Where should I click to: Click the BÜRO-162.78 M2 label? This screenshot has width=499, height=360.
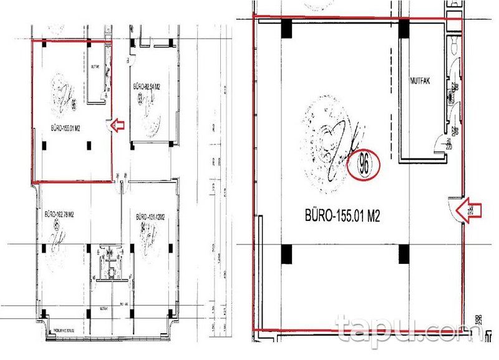point(61,214)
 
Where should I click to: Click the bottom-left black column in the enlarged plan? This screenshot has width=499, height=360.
point(286,254)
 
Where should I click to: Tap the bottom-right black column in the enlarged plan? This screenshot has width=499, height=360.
point(404,253)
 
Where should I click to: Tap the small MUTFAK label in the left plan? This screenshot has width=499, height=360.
point(95,66)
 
